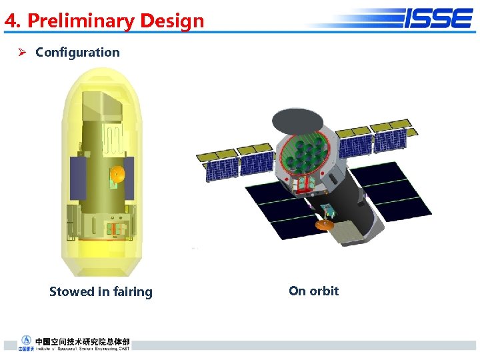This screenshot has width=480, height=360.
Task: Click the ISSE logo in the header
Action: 437,18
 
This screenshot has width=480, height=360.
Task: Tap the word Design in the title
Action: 171,21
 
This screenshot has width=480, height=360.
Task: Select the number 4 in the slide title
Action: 10,21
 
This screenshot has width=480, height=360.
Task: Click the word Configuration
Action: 77,52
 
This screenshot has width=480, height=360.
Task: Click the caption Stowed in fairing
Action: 101,291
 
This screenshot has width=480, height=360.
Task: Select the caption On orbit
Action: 313,291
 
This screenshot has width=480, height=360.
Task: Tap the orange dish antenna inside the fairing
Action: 117,175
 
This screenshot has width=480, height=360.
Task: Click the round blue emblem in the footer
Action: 26,341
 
